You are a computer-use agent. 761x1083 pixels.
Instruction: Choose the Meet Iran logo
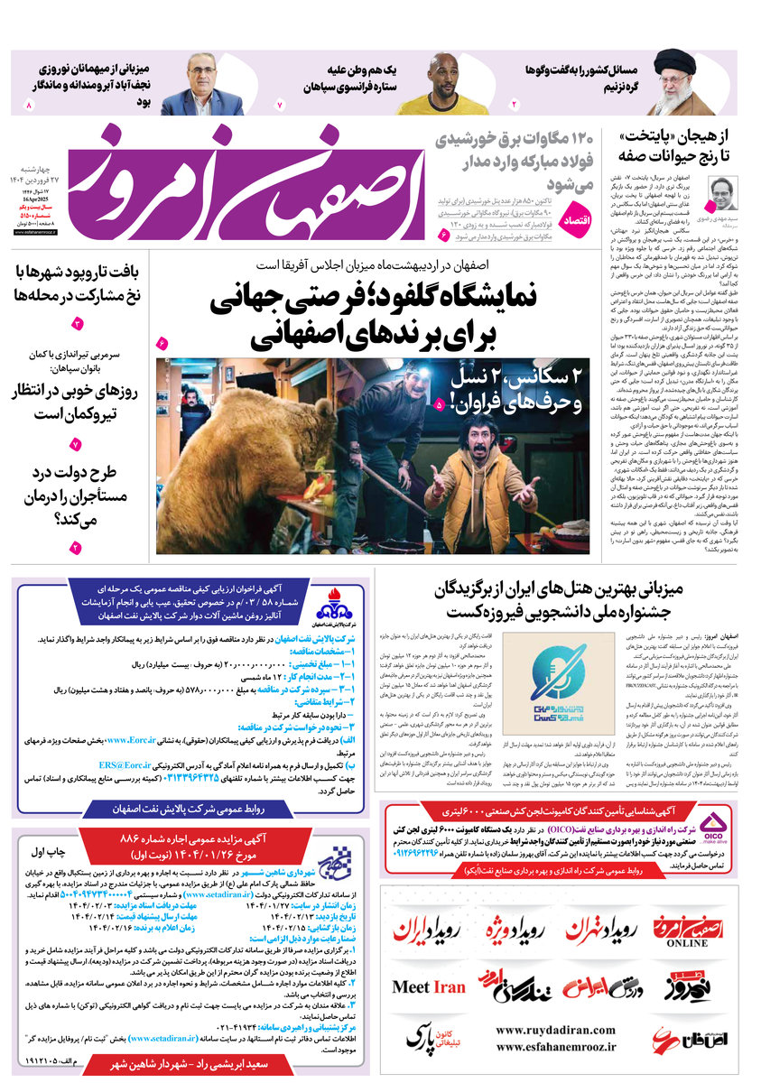tap(429, 986)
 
